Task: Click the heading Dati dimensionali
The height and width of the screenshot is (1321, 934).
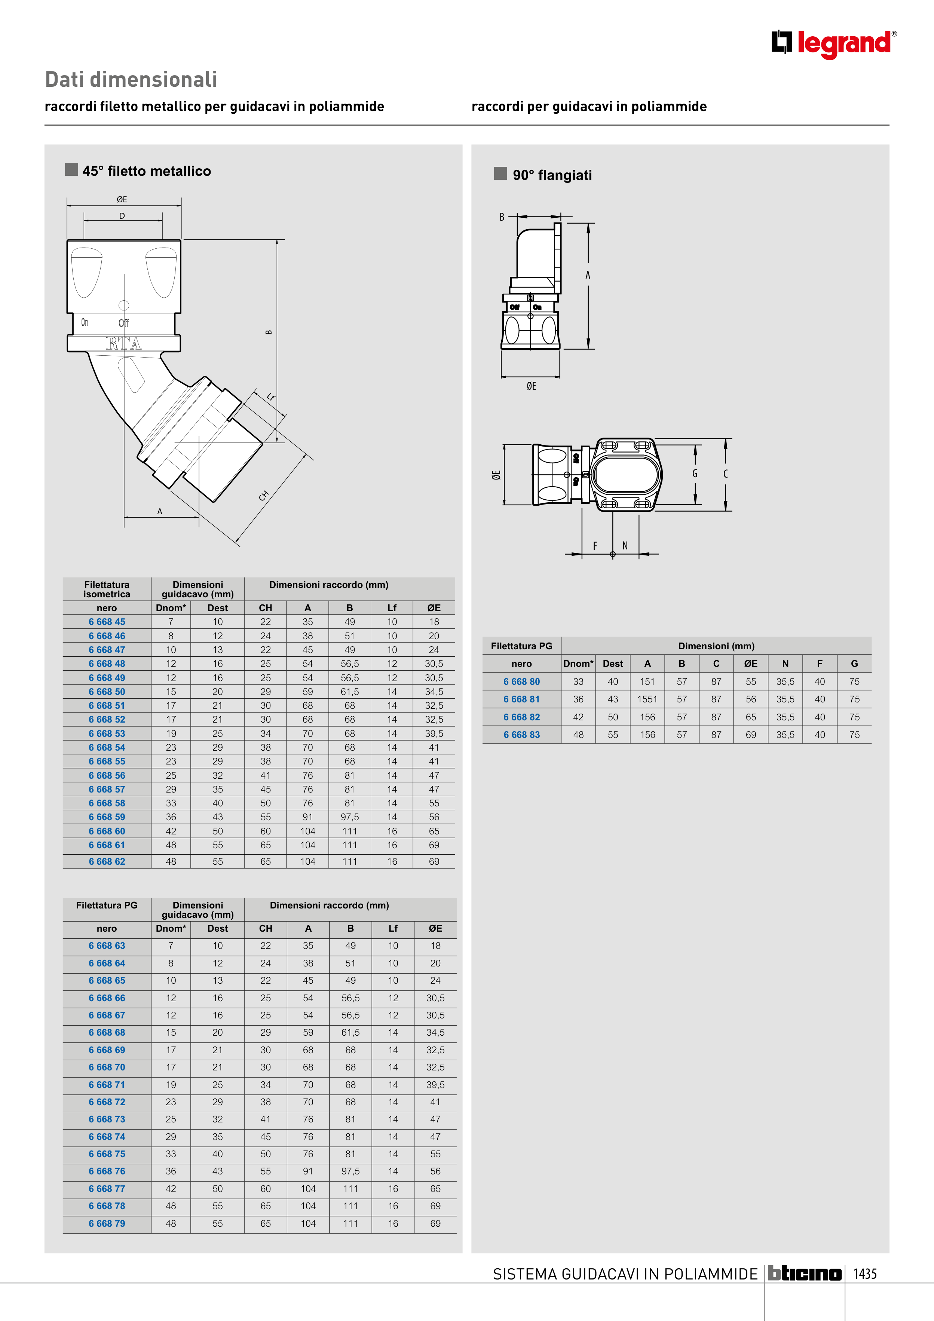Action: point(131,79)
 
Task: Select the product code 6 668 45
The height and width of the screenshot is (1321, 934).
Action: point(107,622)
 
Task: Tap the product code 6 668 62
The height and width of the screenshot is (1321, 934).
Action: point(107,861)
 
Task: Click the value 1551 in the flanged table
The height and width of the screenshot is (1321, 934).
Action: point(647,699)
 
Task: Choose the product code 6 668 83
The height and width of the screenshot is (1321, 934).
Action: point(521,735)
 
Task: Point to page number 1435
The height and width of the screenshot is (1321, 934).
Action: point(865,1274)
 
